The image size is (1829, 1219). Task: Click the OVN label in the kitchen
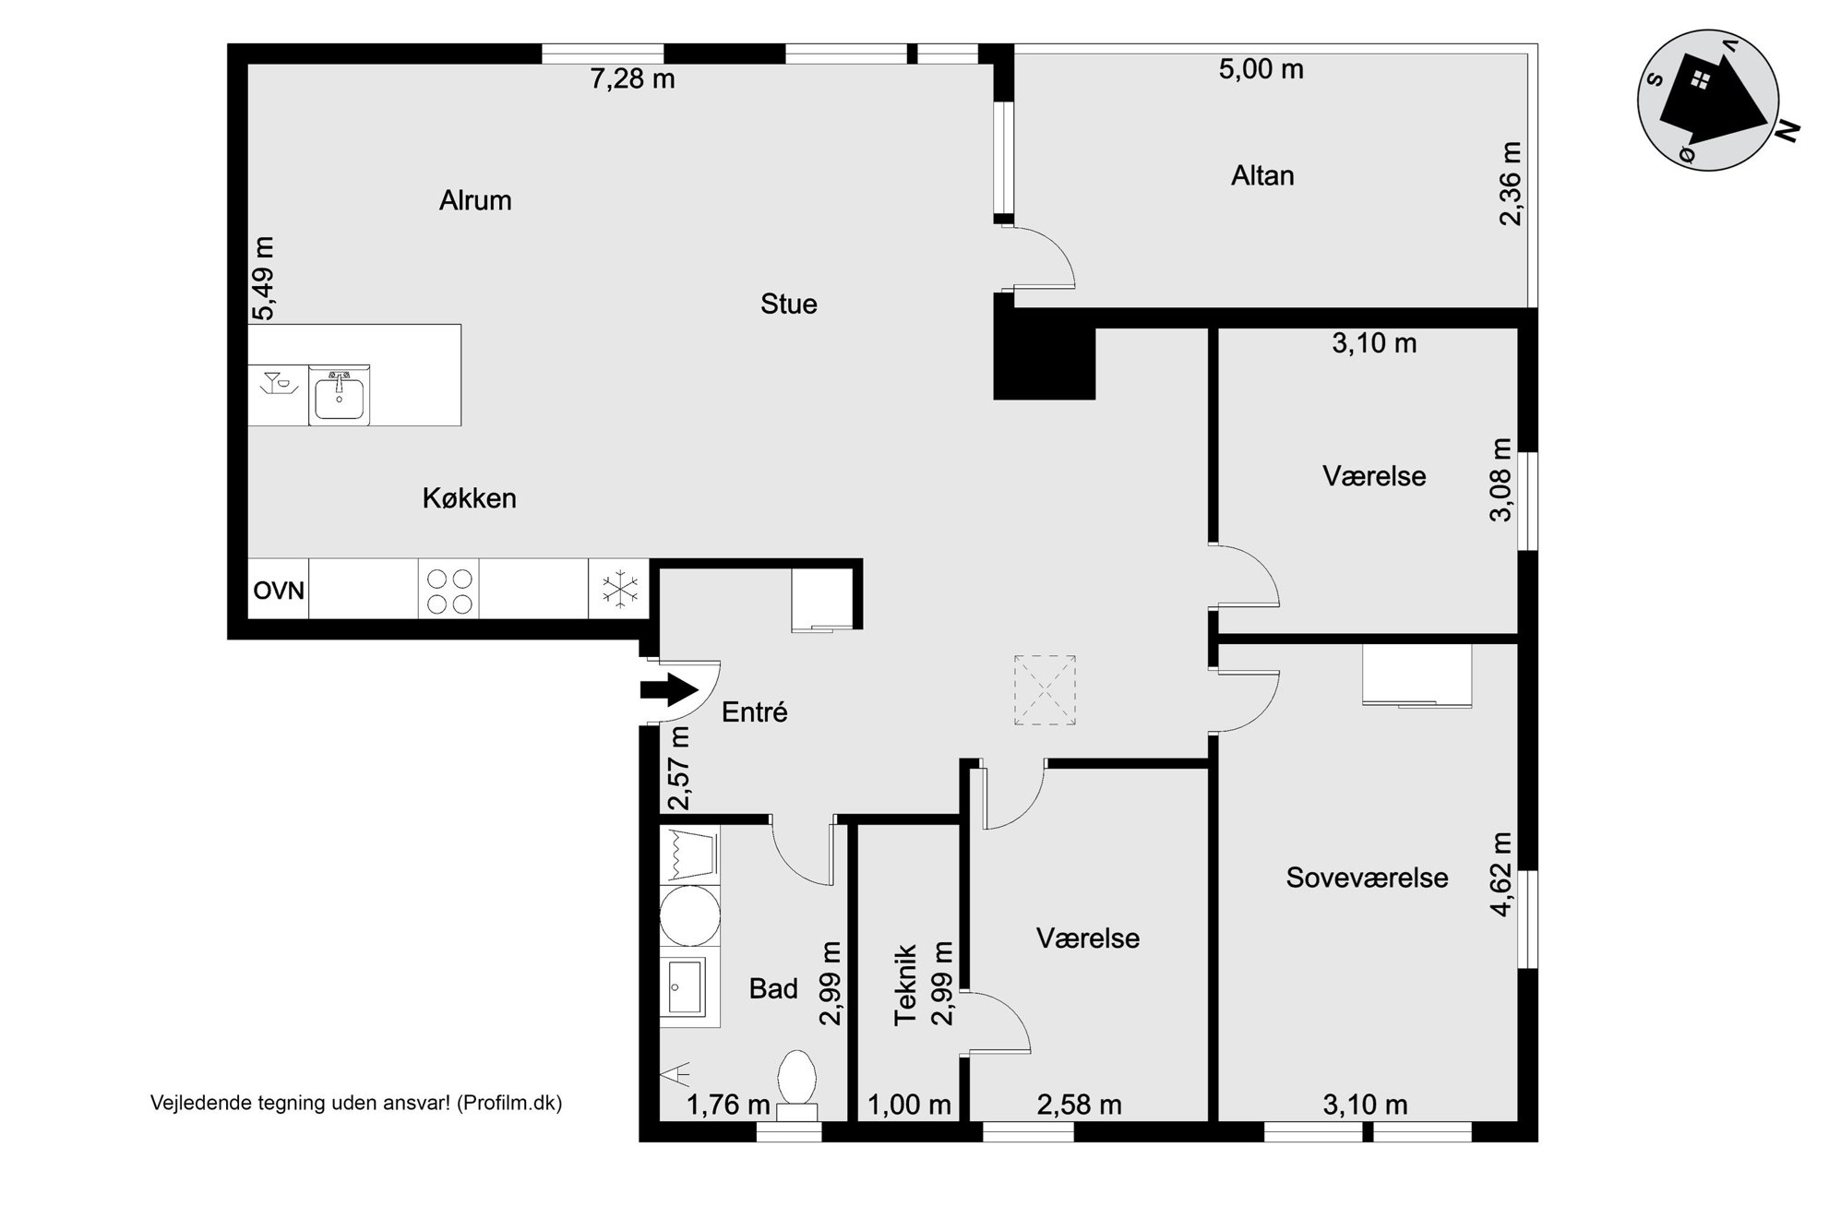point(279,590)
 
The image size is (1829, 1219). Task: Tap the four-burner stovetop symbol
point(449,590)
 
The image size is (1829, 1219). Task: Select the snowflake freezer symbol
point(619,590)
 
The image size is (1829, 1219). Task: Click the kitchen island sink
point(339,395)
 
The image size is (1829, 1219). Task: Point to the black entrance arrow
point(669,689)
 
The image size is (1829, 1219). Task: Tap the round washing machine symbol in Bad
point(690,915)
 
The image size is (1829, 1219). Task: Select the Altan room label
point(1262,175)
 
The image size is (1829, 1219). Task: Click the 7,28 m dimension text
point(632,79)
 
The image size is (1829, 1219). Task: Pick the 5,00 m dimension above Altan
point(1261,69)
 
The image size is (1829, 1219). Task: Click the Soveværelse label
point(1367,878)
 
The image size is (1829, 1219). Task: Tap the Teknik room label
point(905,984)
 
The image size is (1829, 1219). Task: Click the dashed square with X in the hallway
point(1045,690)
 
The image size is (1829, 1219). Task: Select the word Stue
point(788,304)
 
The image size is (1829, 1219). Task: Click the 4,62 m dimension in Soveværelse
point(1501,874)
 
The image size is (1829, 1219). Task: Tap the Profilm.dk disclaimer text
point(356,1103)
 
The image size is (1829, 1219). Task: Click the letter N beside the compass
point(1787,132)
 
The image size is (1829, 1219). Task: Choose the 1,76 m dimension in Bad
point(728,1105)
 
